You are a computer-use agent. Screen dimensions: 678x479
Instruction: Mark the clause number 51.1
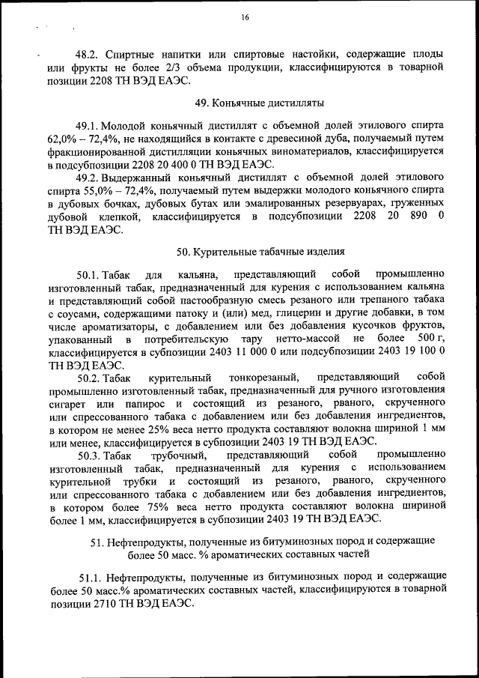(91, 576)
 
